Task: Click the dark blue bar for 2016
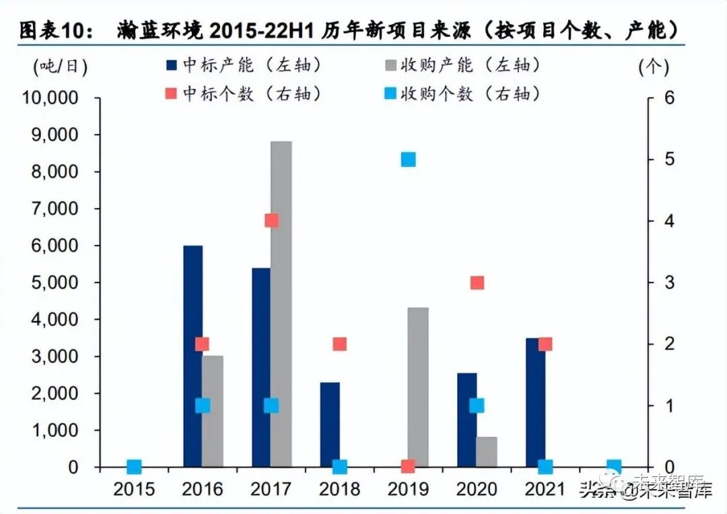click(193, 357)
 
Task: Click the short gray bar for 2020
click(486, 451)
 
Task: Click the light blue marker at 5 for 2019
click(408, 159)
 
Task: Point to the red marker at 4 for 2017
click(271, 221)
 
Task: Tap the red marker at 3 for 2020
click(477, 283)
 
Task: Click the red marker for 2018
click(340, 344)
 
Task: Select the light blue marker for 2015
click(134, 466)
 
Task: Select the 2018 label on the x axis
click(339, 489)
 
